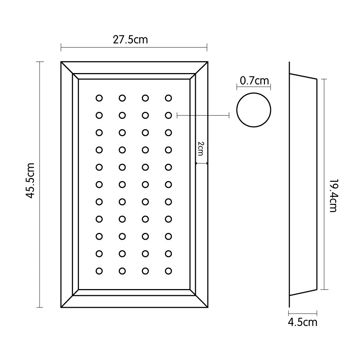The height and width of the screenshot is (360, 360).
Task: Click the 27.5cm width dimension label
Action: click(x=130, y=40)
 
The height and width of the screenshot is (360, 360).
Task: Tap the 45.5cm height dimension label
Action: click(x=30, y=181)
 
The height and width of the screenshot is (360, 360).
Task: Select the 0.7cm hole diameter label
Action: click(x=254, y=81)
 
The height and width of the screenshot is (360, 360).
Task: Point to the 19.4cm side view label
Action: click(x=333, y=195)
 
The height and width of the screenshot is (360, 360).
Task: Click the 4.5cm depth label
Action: click(x=303, y=322)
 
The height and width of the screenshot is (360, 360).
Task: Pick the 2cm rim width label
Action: click(x=201, y=149)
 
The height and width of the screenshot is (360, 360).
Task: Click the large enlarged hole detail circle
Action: click(x=254, y=110)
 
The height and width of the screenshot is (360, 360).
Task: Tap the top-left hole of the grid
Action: click(x=99, y=98)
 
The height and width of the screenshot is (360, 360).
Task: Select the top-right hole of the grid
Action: click(x=168, y=98)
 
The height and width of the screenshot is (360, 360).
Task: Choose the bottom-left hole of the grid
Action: click(x=99, y=271)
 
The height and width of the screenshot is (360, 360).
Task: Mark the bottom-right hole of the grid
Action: click(x=168, y=271)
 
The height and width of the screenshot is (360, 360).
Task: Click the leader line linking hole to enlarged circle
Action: click(x=203, y=116)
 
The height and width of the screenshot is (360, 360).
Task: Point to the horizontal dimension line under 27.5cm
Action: click(x=134, y=48)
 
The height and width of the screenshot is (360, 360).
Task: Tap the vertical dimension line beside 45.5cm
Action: click(x=40, y=184)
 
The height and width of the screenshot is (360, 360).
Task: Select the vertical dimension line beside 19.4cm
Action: click(x=324, y=184)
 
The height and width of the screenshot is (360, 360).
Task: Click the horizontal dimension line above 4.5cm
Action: click(x=303, y=313)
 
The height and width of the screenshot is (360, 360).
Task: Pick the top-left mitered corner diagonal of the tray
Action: click(x=67, y=68)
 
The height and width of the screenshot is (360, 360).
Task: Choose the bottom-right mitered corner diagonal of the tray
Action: click(x=202, y=301)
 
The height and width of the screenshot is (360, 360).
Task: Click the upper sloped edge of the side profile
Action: click(x=303, y=76)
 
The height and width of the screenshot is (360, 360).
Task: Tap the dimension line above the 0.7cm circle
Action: click(x=254, y=87)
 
